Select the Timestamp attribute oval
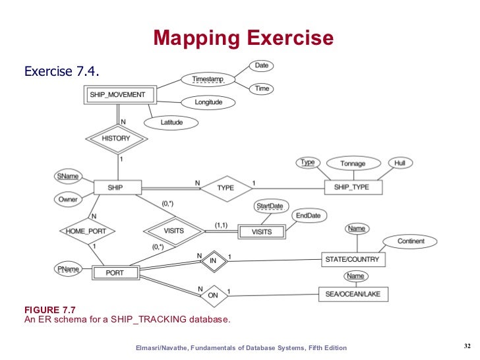point(208,79)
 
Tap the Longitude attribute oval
point(208,102)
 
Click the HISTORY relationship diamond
point(116,138)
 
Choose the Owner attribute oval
point(67,199)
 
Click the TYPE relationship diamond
point(225,188)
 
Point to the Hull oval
point(400,162)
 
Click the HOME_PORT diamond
point(87,231)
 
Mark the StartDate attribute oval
point(269,206)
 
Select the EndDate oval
point(307,216)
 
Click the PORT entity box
point(115,272)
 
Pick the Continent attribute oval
point(410,241)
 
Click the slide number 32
point(466,347)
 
